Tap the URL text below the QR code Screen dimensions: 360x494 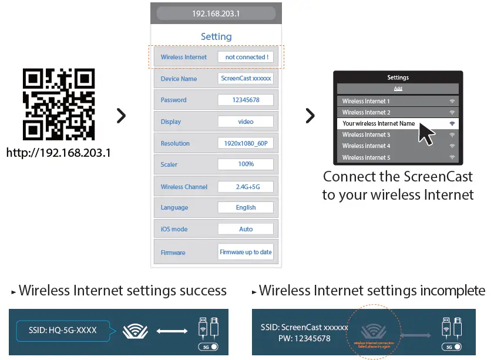point(59,153)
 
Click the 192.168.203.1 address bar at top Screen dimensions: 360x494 point(216,14)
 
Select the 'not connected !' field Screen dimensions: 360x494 point(246,57)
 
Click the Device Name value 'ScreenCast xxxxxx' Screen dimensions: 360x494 point(246,79)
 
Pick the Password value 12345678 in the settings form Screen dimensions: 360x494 point(246,100)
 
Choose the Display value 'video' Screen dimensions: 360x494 point(246,122)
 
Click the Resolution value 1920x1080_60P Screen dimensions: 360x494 point(246,143)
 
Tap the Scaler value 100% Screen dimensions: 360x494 point(246,164)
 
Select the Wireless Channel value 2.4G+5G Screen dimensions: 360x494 point(246,187)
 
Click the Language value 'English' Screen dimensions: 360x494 point(246,207)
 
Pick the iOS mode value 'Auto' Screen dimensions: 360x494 point(246,229)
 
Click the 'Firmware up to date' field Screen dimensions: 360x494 point(246,252)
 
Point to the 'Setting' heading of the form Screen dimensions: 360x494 point(216,36)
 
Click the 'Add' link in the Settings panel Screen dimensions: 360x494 point(398,89)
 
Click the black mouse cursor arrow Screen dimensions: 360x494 point(426,134)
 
